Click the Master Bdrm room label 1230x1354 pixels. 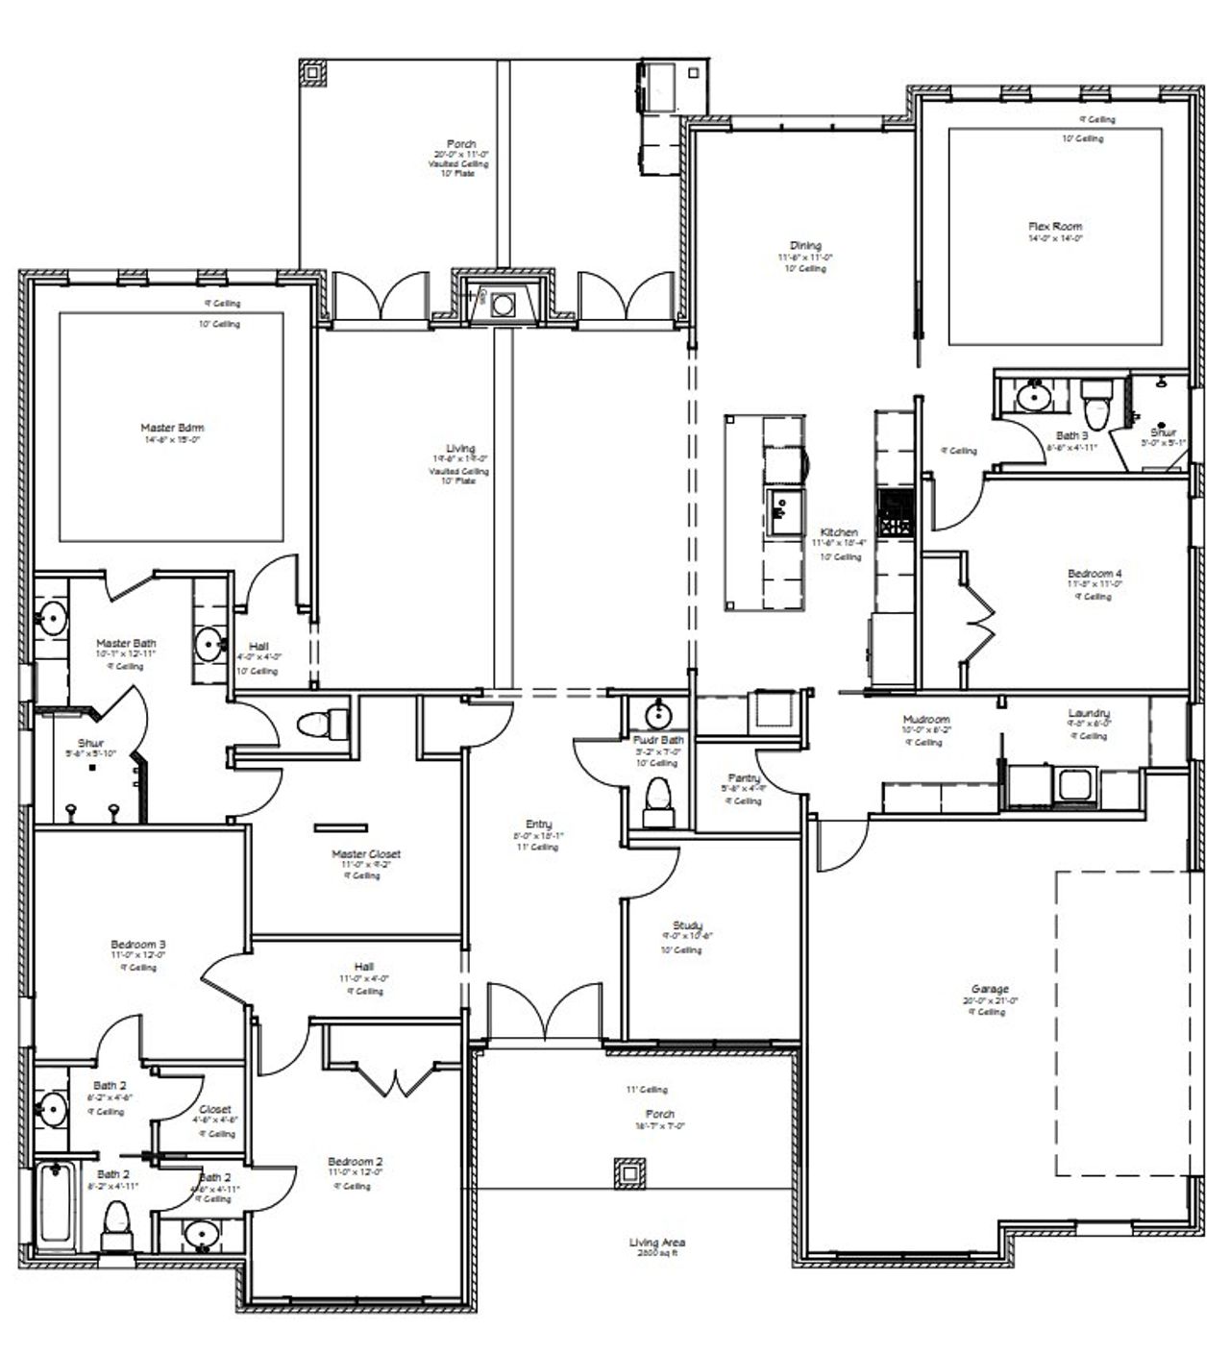tap(172, 429)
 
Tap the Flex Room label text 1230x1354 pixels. tap(1054, 227)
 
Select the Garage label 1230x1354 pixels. tap(989, 989)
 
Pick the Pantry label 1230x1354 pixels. tap(744, 778)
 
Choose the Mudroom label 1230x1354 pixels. tap(925, 720)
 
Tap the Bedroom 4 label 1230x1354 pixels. tap(1094, 574)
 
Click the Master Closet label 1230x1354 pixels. tap(365, 854)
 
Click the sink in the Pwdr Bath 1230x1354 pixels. tap(657, 714)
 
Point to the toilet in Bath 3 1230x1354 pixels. tap(1095, 406)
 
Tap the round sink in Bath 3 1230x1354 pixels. tap(1033, 396)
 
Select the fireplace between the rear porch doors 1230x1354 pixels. tap(503, 305)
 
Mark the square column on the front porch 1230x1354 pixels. tap(630, 1171)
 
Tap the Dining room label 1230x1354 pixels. tap(805, 246)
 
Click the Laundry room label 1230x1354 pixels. tap(1088, 713)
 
